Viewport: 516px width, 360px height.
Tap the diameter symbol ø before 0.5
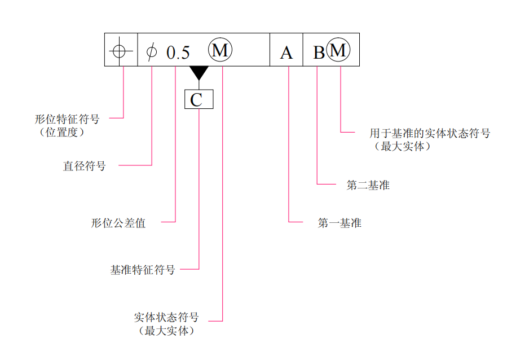pyautogui.click(x=151, y=52)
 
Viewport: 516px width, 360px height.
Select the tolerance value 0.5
pyautogui.click(x=178, y=53)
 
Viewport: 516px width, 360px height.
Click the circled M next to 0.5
pyautogui.click(x=220, y=50)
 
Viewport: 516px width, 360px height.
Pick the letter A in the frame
pyautogui.click(x=286, y=52)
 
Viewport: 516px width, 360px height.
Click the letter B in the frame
pyautogui.click(x=319, y=52)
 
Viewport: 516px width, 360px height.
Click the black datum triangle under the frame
pyautogui.click(x=199, y=73)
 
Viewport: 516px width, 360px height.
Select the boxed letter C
pyautogui.click(x=199, y=100)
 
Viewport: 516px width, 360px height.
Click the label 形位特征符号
pyautogui.click(x=67, y=120)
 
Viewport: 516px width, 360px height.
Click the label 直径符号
pyautogui.click(x=84, y=166)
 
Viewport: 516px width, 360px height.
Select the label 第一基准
pyautogui.click(x=339, y=223)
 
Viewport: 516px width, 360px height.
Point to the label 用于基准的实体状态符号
pyautogui.click(x=430, y=134)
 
